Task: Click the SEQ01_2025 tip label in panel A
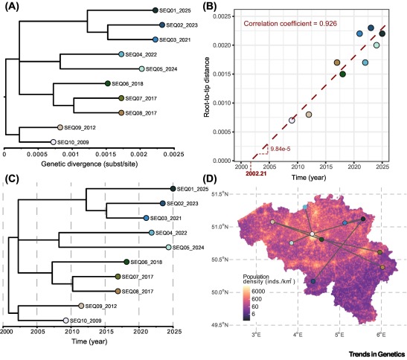pos(175,10)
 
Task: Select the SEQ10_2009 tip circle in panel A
pos(54,142)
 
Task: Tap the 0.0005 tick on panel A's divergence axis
pos(37,154)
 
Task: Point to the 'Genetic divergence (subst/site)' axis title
pos(89,164)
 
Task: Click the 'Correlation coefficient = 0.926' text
pos(290,24)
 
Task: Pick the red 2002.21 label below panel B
pos(256,173)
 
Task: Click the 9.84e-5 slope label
pos(281,149)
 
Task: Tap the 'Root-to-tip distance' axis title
pos(207,87)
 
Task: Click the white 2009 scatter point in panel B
pos(292,120)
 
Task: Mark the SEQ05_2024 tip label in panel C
pos(188,248)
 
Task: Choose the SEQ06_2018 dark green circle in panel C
pos(126,262)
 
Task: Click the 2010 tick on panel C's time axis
pos(71,332)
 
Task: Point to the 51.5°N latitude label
pos(219,194)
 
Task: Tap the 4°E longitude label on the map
pos(298,335)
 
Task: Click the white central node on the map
pos(313,234)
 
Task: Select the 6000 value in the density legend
pos(258,292)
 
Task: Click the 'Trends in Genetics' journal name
pos(377,354)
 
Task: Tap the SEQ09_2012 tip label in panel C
pos(101,306)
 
